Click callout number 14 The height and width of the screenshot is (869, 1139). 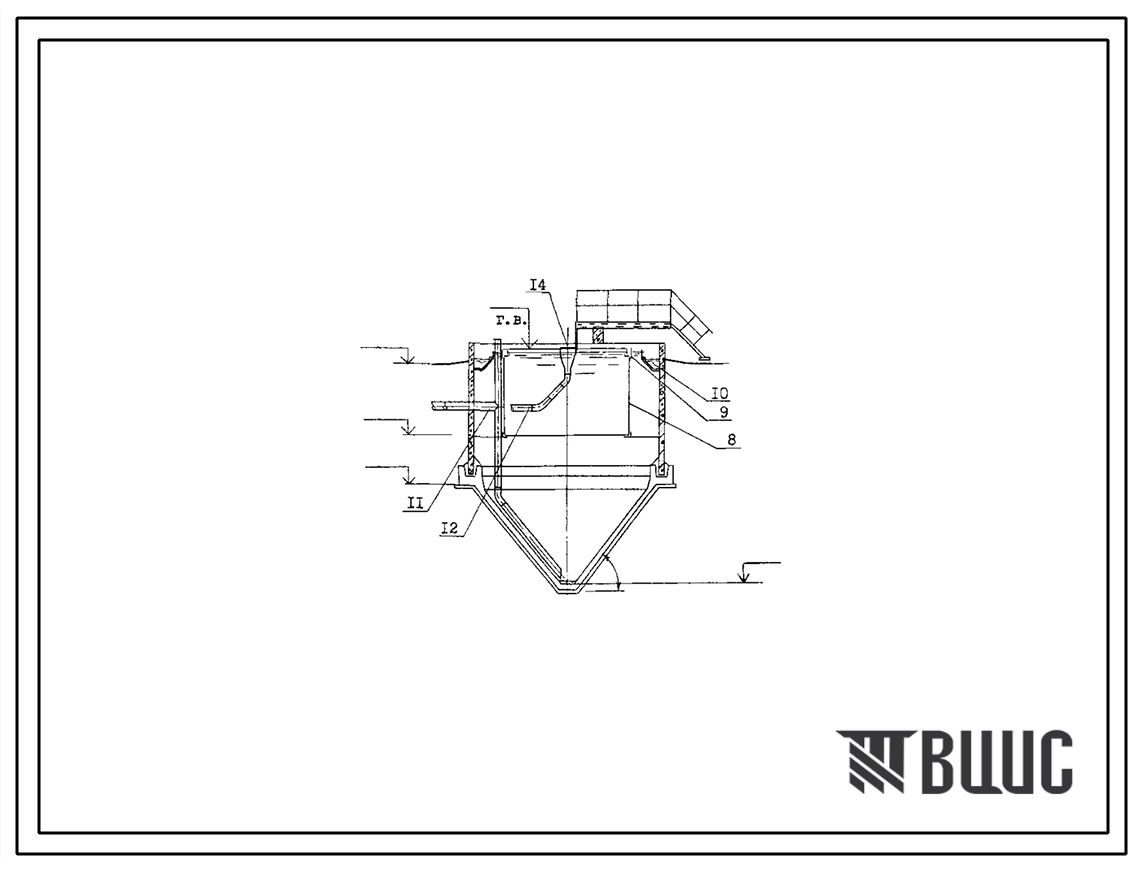pos(538,286)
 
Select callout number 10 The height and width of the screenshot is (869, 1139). pos(720,394)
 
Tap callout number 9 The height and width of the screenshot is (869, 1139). pos(723,412)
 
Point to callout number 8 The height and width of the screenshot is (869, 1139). pos(731,440)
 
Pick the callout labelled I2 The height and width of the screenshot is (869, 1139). pos(450,528)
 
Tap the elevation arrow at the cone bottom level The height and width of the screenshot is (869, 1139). pos(743,575)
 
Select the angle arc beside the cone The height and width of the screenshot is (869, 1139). pos(614,574)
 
